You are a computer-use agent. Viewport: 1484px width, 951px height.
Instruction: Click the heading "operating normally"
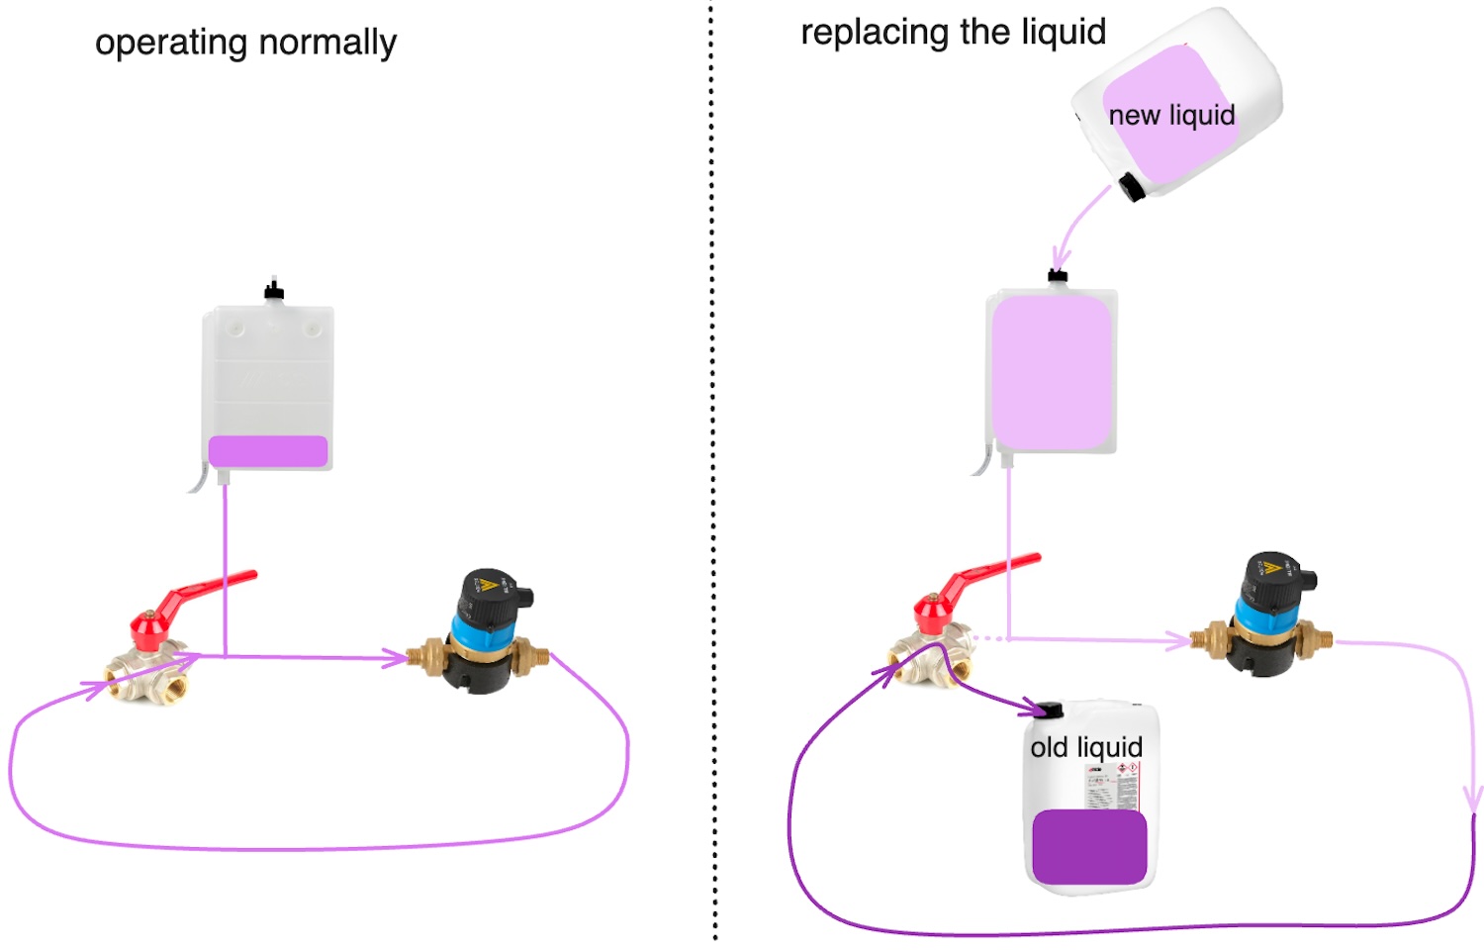pos(245,43)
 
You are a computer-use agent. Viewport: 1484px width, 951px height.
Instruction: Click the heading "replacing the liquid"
pos(953,33)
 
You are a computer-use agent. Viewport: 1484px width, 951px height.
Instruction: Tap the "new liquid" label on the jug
pos(1171,116)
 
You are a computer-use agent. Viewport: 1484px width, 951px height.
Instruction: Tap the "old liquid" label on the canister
pos(1086,747)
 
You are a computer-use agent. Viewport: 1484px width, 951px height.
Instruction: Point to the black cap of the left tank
pos(274,291)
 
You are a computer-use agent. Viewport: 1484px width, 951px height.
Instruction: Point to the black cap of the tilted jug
pos(1131,187)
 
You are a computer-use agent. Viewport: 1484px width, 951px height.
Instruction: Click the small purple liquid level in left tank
pos(268,451)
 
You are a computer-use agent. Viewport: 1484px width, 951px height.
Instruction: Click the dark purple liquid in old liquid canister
pos(1089,847)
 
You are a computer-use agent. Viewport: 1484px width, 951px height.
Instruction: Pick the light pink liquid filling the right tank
pos(1052,372)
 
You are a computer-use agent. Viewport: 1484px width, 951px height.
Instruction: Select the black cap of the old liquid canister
pos(1051,709)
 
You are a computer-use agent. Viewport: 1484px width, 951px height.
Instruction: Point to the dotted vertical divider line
pos(712,475)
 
